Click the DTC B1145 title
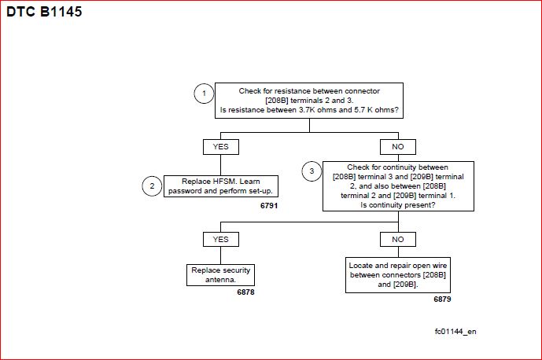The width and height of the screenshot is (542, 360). (x=44, y=12)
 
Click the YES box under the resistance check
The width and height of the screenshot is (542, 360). (x=221, y=147)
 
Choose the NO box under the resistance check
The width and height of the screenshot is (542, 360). (x=398, y=147)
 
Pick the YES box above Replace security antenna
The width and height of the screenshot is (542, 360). (x=221, y=239)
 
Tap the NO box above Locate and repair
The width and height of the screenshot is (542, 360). (x=398, y=239)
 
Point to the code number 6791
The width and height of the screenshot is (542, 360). (x=269, y=206)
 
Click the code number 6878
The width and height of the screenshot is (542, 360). (x=245, y=292)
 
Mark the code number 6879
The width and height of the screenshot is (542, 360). (x=442, y=299)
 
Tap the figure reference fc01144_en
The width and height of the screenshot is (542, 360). (x=455, y=332)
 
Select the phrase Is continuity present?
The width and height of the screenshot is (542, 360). (x=398, y=205)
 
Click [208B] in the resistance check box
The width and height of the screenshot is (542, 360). (x=277, y=101)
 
